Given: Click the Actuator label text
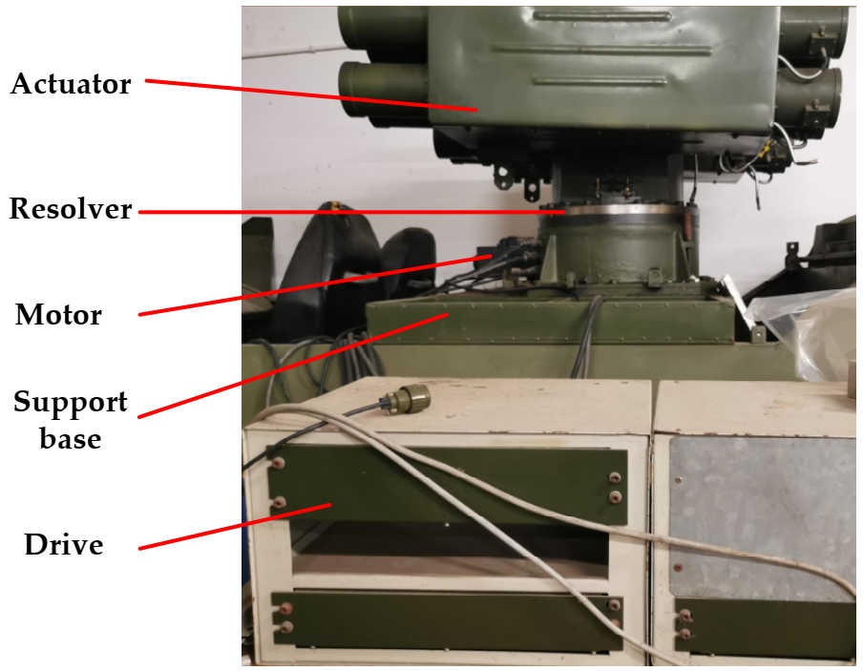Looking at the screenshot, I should pos(70,84).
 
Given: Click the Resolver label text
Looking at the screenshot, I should pos(71,209).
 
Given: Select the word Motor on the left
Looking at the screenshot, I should pos(58,314).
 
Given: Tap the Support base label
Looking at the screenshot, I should pos(71,420).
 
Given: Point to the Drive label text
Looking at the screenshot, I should pos(64,545).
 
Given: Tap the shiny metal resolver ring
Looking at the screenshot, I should pos(611,207).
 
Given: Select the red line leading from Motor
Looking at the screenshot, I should pos(315,284).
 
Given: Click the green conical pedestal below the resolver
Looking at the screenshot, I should pos(611,248).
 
